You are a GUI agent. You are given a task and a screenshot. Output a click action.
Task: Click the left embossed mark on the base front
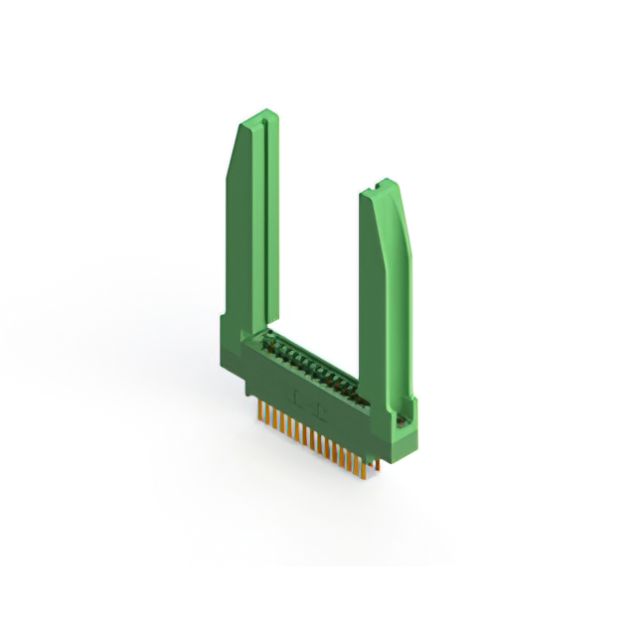(295, 395)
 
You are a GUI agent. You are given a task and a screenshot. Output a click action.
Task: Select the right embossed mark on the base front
(319, 407)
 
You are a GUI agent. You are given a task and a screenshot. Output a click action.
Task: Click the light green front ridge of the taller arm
(249, 238)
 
